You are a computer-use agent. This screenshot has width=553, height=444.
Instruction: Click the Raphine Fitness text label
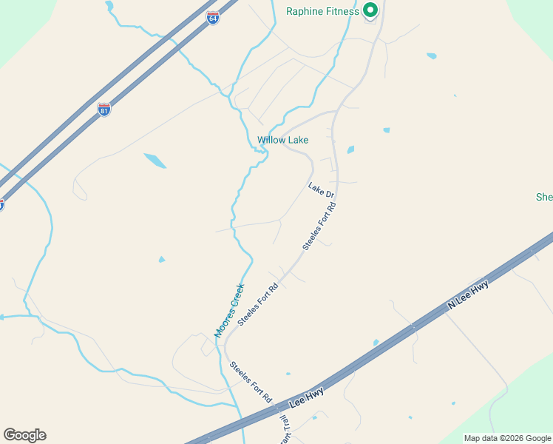tap(322, 11)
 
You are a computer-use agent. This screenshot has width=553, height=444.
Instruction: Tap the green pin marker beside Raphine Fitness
tap(370, 10)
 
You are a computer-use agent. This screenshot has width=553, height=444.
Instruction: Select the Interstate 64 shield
tap(213, 18)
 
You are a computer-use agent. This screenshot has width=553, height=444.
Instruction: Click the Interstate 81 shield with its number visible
tap(104, 110)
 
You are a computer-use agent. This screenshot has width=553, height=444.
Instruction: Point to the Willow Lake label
tap(282, 140)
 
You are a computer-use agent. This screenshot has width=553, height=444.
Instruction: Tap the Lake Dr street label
tap(322, 190)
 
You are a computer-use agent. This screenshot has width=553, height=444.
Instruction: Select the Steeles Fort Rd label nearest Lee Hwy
tap(251, 381)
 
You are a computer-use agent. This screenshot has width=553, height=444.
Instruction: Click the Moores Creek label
tap(229, 310)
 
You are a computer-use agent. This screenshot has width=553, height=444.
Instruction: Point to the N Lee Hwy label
tap(469, 295)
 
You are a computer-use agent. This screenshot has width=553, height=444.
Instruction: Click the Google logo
tap(24, 435)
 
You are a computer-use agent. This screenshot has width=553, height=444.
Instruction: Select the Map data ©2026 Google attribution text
tap(508, 438)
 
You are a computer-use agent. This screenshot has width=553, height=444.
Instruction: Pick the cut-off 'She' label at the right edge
tap(544, 197)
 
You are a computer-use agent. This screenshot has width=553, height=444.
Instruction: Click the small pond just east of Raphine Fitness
tap(431, 55)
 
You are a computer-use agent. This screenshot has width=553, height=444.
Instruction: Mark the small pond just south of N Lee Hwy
tap(376, 343)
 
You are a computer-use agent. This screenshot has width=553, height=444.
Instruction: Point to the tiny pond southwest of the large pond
tap(161, 259)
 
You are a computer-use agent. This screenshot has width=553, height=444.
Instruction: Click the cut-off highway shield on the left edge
tap(1, 205)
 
